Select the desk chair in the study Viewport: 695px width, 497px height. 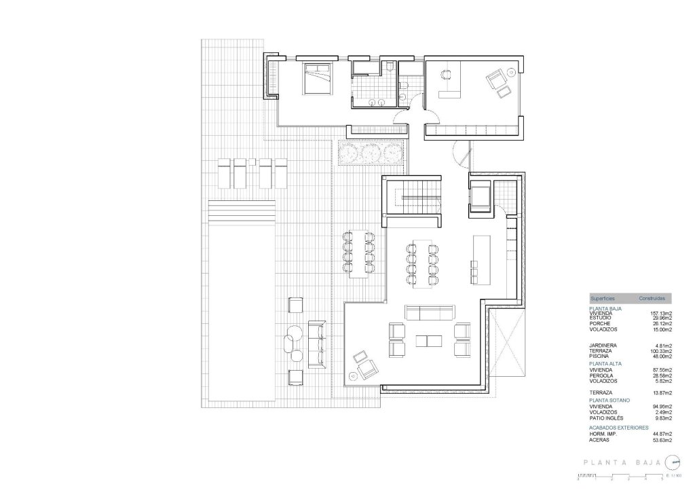tap(446, 77)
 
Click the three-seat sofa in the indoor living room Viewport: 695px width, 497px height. tap(429, 312)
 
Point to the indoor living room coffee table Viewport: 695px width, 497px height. tap(428, 340)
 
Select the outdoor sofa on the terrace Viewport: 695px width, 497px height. tap(316, 344)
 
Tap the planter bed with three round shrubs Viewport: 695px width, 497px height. tap(371, 153)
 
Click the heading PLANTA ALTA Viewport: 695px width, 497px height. tap(605, 364)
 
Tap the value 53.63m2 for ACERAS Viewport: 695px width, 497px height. tap(662, 440)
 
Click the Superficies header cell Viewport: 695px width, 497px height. tap(603, 298)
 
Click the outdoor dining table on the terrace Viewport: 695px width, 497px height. tap(358, 255)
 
